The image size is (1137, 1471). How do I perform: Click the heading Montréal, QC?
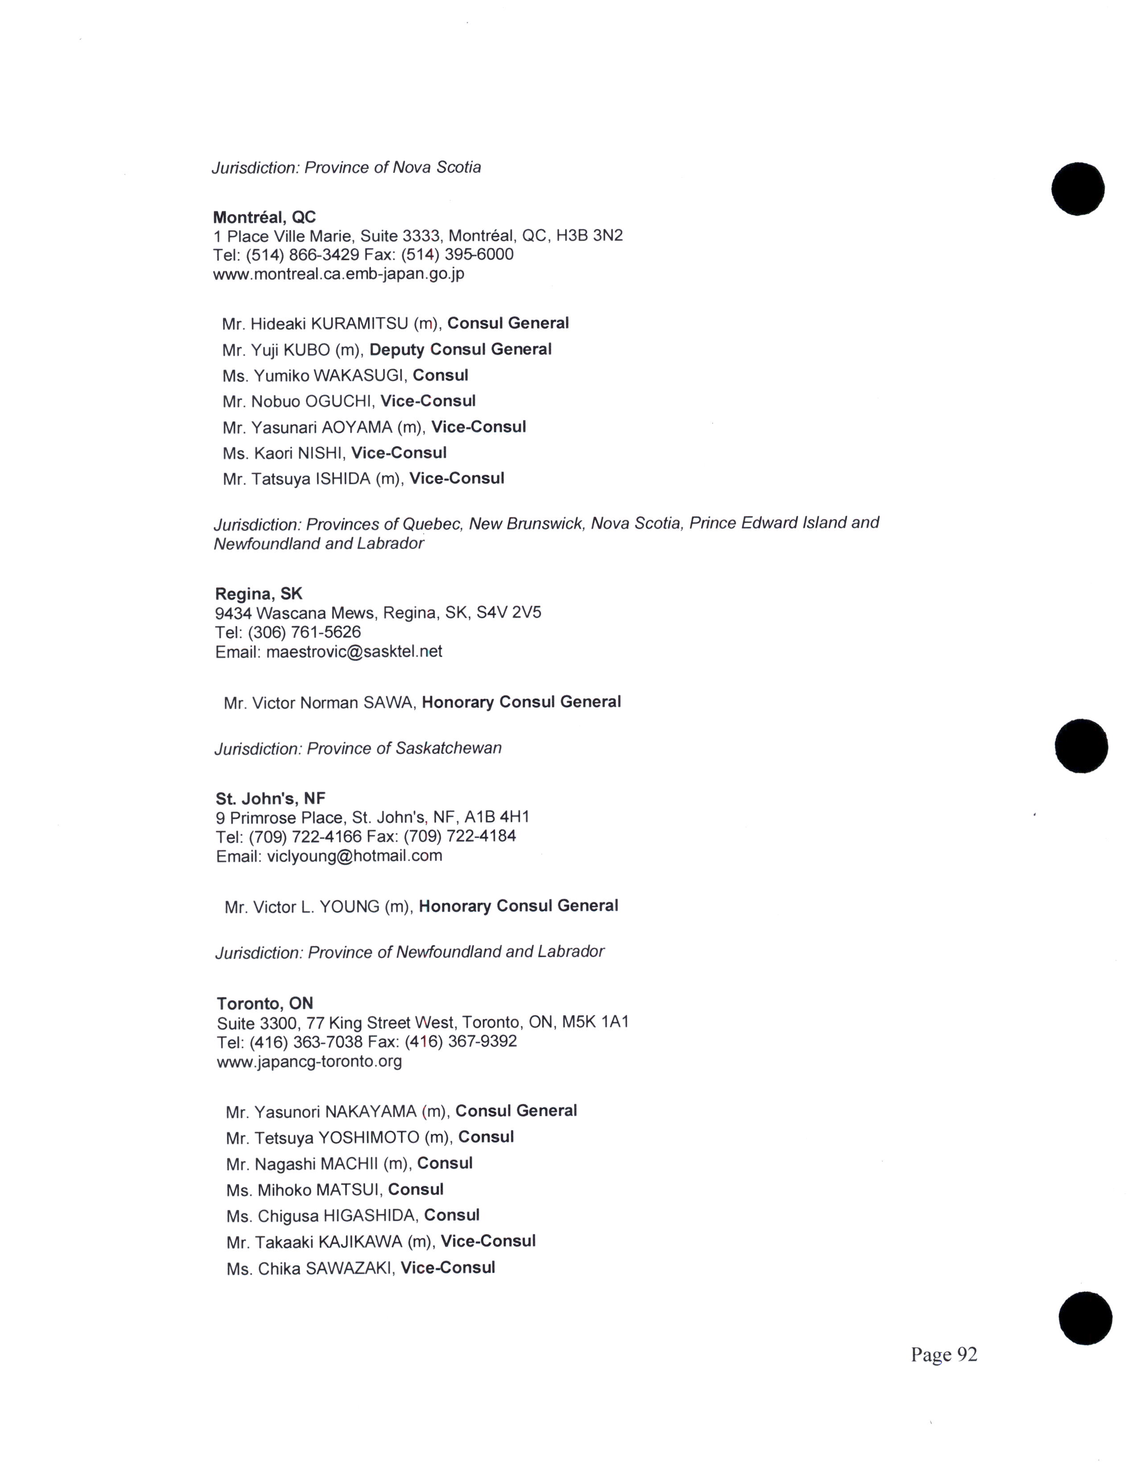[x=264, y=217]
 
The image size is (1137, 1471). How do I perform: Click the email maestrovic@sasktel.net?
[x=354, y=652]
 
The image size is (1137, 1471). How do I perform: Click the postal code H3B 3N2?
[x=589, y=236]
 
